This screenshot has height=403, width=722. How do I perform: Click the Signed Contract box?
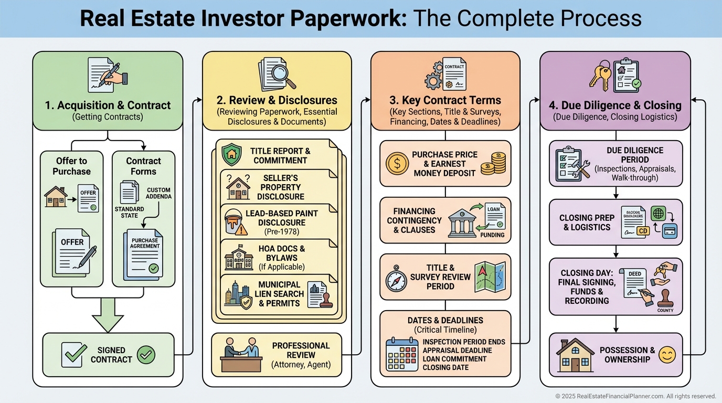108,355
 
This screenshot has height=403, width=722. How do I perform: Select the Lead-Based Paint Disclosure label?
281,219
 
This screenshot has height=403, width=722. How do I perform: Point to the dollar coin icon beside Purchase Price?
397,163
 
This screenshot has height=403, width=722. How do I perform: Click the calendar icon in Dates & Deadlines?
401,355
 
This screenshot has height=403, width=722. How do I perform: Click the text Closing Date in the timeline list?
445,367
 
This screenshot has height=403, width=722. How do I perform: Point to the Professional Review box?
277,355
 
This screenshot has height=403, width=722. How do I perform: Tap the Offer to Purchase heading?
71,166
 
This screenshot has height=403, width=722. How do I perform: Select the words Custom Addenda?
159,193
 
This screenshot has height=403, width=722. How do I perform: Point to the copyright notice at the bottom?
635,396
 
